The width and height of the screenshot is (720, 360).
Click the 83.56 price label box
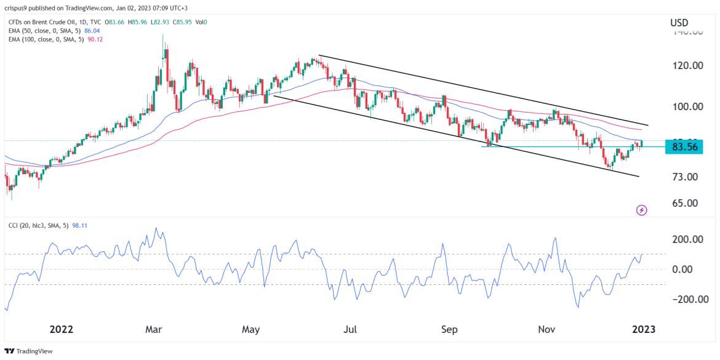point(684,147)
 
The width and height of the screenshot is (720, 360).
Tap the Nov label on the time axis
point(547,329)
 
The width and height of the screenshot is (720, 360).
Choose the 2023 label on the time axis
point(644,329)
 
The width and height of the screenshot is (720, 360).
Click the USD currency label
point(679,23)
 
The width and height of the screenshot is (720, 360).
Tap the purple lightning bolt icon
point(642,210)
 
